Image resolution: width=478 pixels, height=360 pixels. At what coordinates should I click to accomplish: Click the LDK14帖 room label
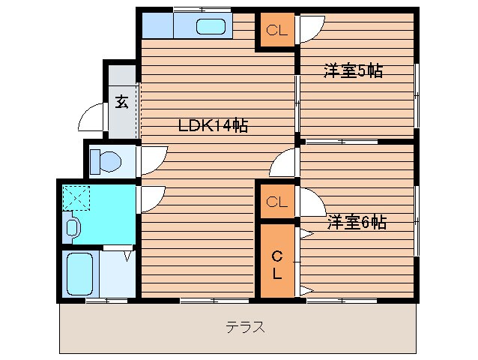(212, 125)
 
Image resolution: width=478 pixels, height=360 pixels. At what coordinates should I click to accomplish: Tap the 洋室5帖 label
(353, 71)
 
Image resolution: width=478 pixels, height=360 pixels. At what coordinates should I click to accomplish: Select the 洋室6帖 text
(356, 222)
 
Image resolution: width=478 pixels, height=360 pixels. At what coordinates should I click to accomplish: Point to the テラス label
(245, 327)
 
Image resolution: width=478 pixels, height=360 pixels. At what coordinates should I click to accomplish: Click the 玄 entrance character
(121, 101)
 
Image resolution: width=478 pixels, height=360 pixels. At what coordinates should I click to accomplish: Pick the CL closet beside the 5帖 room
(276, 31)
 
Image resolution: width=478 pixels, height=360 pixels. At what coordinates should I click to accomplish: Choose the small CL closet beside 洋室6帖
(276, 202)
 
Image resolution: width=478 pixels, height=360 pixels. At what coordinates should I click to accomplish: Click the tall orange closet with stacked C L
(276, 262)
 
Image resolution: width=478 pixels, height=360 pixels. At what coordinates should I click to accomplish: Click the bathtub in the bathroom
(79, 274)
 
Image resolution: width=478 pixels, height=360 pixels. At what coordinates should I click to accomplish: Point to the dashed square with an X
(76, 197)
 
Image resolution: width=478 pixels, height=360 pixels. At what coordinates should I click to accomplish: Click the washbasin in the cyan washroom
(73, 226)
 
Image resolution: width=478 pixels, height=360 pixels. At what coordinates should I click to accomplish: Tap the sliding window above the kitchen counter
(200, 9)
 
